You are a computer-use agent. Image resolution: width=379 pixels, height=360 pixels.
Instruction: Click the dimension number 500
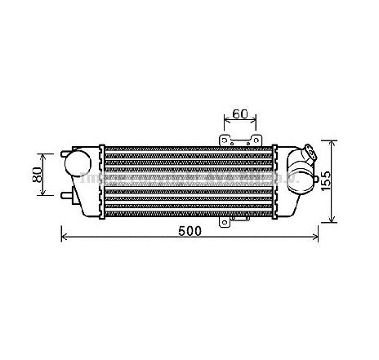coord(189,231)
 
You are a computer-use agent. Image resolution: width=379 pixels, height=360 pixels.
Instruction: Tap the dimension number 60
coord(239,113)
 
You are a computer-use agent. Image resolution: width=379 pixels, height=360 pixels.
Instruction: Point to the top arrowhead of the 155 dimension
coord(331,142)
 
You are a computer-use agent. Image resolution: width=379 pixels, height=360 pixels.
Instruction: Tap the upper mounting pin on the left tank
coord(63,152)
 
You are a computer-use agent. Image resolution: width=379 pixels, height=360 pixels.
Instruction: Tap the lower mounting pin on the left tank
coord(63,195)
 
